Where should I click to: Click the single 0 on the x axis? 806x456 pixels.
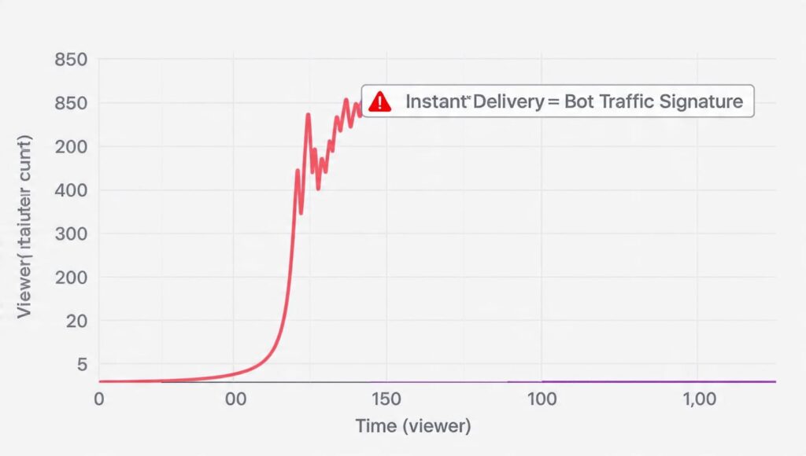click(98, 399)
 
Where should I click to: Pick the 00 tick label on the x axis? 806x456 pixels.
click(235, 399)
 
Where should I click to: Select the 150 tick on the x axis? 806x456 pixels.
click(386, 399)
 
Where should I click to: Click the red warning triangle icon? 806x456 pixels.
click(380, 101)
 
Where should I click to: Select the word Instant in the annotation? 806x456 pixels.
click(435, 101)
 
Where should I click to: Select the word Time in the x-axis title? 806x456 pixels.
click(375, 426)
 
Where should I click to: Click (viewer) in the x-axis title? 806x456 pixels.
click(435, 426)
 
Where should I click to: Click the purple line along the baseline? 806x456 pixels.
click(630, 381)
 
